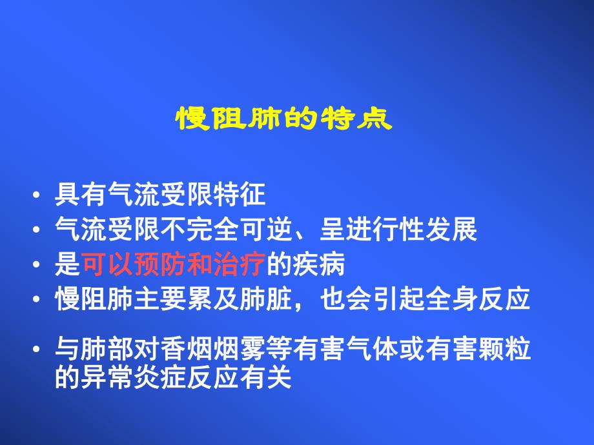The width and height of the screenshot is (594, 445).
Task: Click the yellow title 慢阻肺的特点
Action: (285, 120)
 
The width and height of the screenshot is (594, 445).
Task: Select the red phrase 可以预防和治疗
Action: (174, 264)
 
